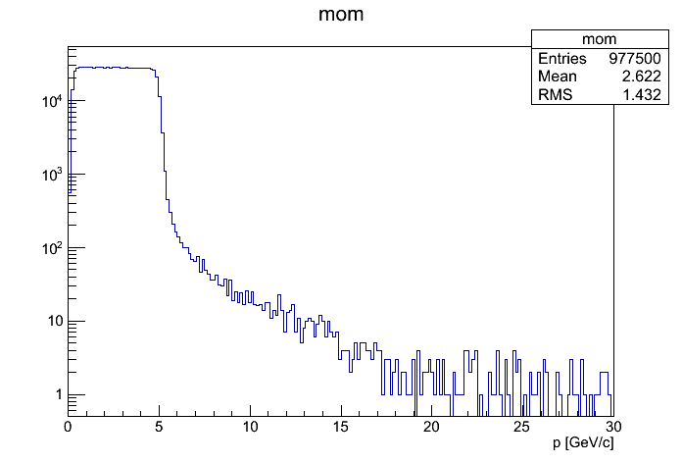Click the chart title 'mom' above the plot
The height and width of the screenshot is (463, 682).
(340, 17)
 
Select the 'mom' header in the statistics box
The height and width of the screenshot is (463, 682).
(599, 39)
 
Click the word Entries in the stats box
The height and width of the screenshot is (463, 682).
(562, 59)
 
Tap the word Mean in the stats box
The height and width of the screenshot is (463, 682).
(557, 77)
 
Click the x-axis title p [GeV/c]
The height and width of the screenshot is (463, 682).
(583, 443)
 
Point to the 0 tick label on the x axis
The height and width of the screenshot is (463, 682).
(68, 428)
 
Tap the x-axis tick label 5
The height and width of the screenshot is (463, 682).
(159, 428)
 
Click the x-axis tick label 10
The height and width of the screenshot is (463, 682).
(250, 428)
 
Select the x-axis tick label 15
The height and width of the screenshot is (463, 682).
(341, 428)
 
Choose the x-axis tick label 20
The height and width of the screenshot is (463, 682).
(431, 428)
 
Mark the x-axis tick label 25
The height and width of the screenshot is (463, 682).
(522, 428)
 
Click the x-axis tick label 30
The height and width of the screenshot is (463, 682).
(612, 428)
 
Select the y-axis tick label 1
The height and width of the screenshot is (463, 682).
(59, 395)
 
